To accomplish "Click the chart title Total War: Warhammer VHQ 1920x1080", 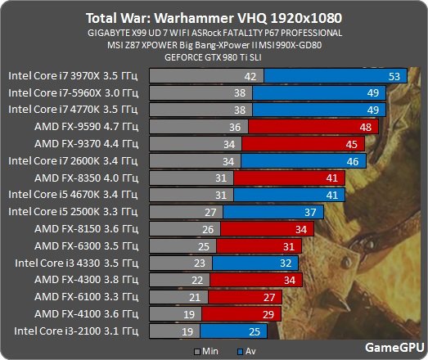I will coord(214,17).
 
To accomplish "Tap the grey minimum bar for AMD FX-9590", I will coord(197,127).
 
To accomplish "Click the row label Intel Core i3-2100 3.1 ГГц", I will coord(73,331).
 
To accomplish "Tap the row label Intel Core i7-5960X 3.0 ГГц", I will coord(73,92).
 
